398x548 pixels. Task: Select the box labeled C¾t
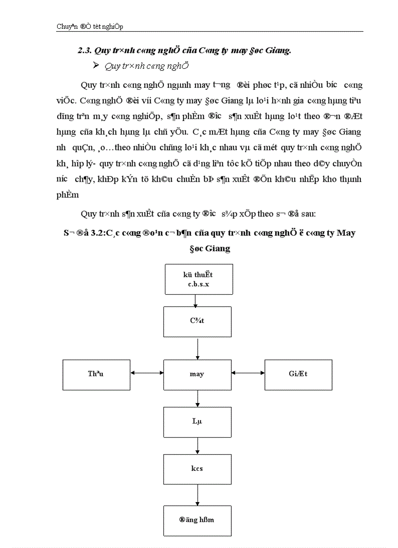click(x=197, y=322)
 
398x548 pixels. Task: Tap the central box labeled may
click(x=197, y=374)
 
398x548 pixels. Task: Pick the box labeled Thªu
click(x=96, y=374)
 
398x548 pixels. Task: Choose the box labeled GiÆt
click(x=298, y=374)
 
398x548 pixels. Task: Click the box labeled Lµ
click(x=197, y=421)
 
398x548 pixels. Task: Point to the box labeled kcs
click(x=197, y=468)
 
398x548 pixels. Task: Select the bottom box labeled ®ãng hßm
click(x=197, y=520)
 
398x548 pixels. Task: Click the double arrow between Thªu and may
click(x=147, y=374)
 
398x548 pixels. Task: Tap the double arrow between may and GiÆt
click(x=248, y=374)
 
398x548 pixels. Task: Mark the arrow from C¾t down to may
click(x=197, y=348)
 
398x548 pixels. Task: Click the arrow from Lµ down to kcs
click(x=197, y=445)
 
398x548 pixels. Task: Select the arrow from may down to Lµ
click(x=197, y=398)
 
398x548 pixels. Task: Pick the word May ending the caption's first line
click(x=346, y=233)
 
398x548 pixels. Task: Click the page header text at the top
click(x=93, y=27)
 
